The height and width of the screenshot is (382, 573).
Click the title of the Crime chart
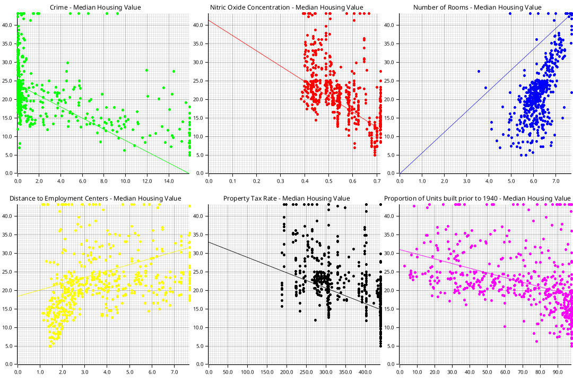point(95,7)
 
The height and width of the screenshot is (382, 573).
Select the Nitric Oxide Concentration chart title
point(286,7)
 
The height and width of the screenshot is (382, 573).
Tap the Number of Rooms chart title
point(477,7)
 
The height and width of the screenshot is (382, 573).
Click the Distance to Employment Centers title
point(95,198)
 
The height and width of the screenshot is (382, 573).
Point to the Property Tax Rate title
point(286,198)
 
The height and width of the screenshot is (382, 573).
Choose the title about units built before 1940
point(477,198)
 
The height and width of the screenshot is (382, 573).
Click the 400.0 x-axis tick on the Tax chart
point(365,370)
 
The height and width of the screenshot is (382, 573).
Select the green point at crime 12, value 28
point(146,70)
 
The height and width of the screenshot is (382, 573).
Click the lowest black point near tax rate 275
point(315,320)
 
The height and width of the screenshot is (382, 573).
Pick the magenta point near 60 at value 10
point(505,326)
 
